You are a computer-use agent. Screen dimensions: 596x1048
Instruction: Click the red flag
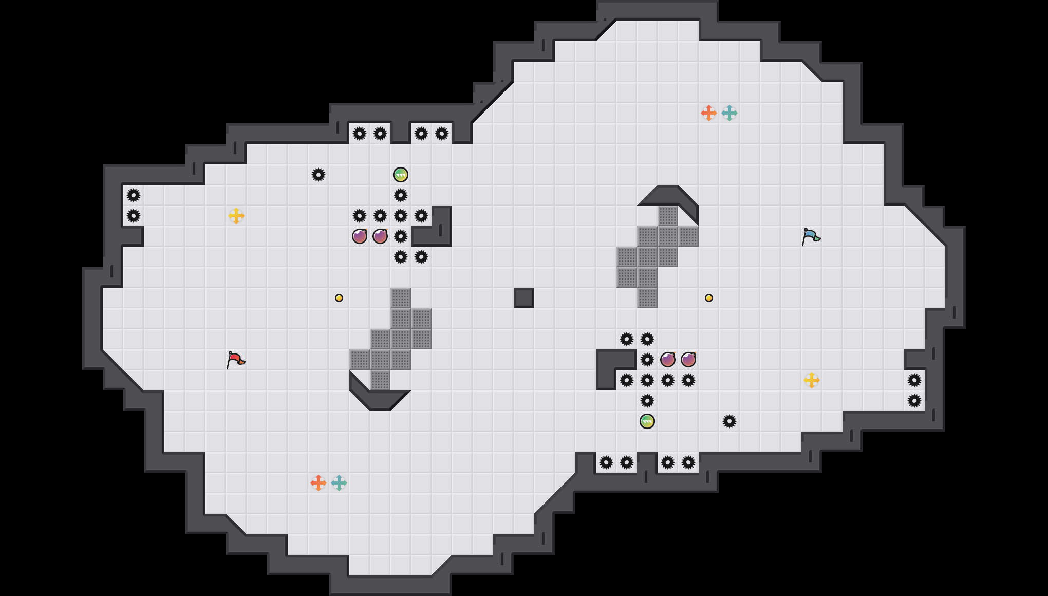tap(235, 359)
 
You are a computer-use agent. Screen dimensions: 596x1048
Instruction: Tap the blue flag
tap(811, 236)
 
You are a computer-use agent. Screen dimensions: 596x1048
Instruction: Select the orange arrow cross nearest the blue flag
tap(708, 113)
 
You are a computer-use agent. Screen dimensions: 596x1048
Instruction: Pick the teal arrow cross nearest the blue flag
tap(729, 113)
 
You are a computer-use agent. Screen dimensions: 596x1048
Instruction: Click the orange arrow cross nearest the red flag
tap(318, 483)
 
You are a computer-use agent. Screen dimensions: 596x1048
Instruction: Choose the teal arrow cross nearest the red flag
tap(339, 483)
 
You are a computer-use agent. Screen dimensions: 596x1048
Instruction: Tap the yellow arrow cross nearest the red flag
tap(236, 216)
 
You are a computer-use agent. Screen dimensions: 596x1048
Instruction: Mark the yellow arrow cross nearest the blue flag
tap(811, 380)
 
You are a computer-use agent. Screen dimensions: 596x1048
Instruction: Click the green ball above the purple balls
tap(400, 175)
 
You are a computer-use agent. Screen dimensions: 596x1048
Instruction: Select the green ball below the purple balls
tap(647, 421)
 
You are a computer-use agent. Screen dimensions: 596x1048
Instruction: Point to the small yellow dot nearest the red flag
tap(339, 298)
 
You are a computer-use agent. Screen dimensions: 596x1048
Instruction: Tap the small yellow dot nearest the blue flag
tap(708, 298)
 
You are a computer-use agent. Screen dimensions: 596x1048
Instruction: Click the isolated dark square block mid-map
tap(523, 298)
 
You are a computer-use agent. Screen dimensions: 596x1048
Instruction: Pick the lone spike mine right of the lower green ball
tap(729, 421)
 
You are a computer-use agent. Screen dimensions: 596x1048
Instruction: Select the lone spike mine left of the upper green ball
tap(318, 175)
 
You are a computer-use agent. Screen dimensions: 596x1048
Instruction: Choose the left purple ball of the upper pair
tap(359, 236)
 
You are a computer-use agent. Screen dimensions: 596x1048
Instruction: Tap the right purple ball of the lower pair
tap(688, 360)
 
